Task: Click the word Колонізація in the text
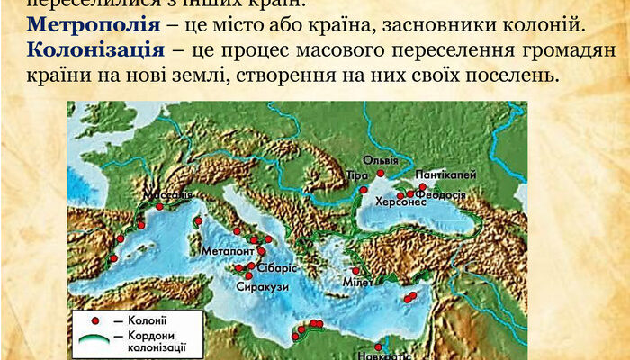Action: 83,71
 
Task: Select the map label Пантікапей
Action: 446,175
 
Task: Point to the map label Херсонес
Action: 398,203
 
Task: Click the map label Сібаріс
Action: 272,268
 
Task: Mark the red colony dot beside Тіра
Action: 364,190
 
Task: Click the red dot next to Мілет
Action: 356,270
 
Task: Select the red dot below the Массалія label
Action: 160,206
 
